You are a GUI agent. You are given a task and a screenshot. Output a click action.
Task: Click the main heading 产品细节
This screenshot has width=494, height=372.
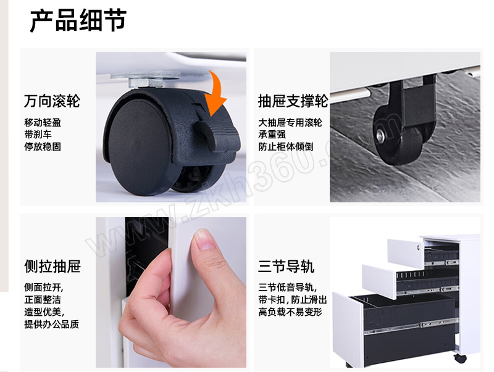(x=78, y=20)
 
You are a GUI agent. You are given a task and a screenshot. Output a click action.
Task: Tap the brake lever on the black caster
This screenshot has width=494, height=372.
(x=216, y=134)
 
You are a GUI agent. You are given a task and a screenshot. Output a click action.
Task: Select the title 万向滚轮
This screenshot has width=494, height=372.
(x=52, y=101)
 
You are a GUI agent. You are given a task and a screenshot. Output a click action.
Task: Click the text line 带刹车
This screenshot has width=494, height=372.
(x=38, y=134)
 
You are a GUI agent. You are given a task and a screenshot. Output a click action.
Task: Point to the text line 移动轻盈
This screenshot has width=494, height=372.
(x=43, y=122)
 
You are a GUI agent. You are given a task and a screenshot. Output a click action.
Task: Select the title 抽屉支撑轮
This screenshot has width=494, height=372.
(x=293, y=101)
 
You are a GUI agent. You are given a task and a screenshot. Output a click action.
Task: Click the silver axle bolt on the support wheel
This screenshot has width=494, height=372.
(x=380, y=136)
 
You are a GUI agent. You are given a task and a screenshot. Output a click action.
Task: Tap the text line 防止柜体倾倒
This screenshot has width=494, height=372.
(x=286, y=147)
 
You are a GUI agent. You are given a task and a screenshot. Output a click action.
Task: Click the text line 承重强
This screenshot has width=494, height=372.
(x=272, y=134)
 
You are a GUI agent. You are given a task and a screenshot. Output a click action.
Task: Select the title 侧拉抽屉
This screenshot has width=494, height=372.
(x=52, y=267)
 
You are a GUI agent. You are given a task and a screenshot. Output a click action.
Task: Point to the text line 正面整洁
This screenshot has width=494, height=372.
(x=43, y=300)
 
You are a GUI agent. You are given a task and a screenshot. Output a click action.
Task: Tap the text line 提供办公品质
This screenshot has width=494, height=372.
(x=52, y=324)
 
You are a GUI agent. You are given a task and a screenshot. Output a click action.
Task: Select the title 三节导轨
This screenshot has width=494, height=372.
(x=286, y=267)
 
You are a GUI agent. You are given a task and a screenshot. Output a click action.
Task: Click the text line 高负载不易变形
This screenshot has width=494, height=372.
(x=290, y=312)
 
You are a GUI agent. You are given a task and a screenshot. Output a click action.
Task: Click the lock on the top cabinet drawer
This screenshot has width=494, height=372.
(x=419, y=247)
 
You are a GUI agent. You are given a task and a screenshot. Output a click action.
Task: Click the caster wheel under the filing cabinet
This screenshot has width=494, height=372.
(x=461, y=358)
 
